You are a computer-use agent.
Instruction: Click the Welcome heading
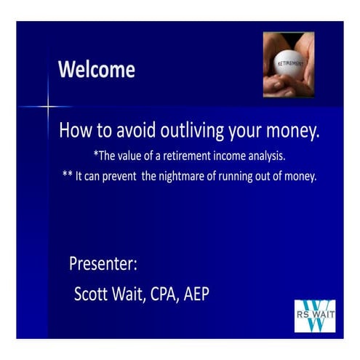[x=96, y=70]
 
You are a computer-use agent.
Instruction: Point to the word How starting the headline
[x=73, y=132]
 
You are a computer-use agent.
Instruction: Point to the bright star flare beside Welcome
[x=48, y=108]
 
